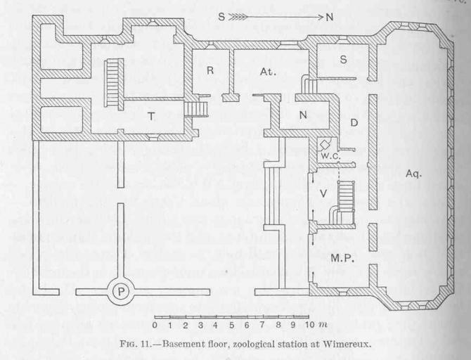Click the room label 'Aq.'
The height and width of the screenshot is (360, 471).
point(413,173)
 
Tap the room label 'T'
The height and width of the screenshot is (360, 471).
point(151,117)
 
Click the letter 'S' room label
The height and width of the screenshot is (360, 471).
point(343,60)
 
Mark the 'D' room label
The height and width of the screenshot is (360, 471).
point(354,124)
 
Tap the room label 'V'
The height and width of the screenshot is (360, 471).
point(323,193)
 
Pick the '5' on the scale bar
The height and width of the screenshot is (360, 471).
point(232,326)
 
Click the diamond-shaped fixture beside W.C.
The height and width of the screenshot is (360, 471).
point(323,141)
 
